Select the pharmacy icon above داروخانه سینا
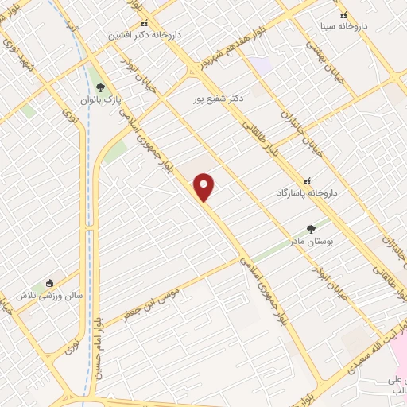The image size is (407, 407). coord(344,14)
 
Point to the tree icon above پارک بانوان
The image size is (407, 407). coord(99,87)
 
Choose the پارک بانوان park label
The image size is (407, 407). coord(99,101)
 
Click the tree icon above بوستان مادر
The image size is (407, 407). coord(311,228)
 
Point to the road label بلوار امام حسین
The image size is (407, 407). coord(98,346)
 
